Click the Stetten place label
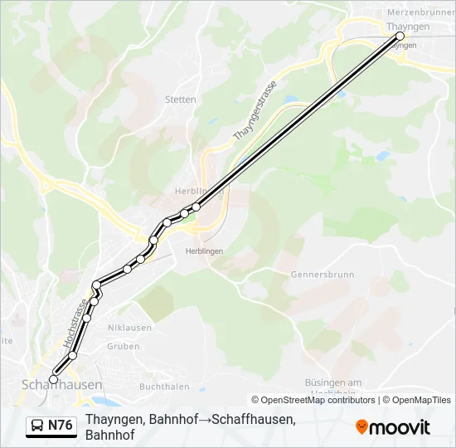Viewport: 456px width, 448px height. pyautogui.click(x=181, y=100)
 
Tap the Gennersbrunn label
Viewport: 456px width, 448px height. pyautogui.click(x=322, y=274)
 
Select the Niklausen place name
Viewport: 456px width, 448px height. pyautogui.click(x=130, y=328)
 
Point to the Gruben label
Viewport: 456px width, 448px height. pyautogui.click(x=124, y=347)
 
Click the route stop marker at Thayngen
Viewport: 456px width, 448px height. pyautogui.click(x=400, y=37)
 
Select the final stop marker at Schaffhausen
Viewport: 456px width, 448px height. pyautogui.click(x=54, y=379)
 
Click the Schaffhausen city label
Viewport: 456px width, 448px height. pyautogui.click(x=61, y=386)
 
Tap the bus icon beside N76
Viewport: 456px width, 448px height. pyautogui.click(x=37, y=426)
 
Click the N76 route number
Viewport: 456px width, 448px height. pyautogui.click(x=61, y=426)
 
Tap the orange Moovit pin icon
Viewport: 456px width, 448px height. pyautogui.click(x=361, y=427)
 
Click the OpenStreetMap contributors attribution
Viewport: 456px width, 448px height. pyautogui.click(x=313, y=400)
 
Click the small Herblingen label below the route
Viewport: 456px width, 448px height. pyautogui.click(x=204, y=251)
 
